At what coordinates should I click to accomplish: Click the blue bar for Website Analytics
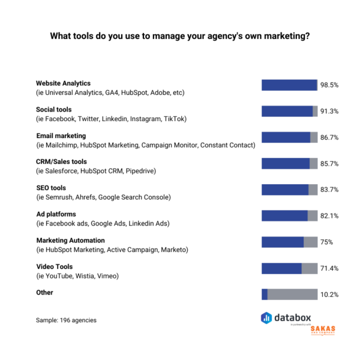click(x=289, y=85)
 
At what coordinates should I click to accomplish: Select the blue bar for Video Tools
click(x=281, y=268)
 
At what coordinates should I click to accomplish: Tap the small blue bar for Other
click(x=265, y=294)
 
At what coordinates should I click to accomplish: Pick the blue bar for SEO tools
click(x=285, y=190)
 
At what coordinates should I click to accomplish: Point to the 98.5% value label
click(x=329, y=85)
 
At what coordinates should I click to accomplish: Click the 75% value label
click(x=326, y=242)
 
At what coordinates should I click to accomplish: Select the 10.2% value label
click(x=329, y=295)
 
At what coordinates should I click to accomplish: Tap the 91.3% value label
click(x=329, y=111)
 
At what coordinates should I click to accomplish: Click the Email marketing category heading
click(x=61, y=136)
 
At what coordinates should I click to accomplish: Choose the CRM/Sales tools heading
click(x=61, y=162)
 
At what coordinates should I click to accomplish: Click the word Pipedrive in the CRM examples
click(x=142, y=172)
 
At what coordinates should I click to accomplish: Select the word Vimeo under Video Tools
click(x=108, y=276)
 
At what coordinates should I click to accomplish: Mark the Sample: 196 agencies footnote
click(x=66, y=320)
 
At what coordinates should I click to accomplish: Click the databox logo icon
click(x=267, y=318)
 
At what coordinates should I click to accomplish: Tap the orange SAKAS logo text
click(x=323, y=329)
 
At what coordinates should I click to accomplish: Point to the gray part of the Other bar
click(x=292, y=294)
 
